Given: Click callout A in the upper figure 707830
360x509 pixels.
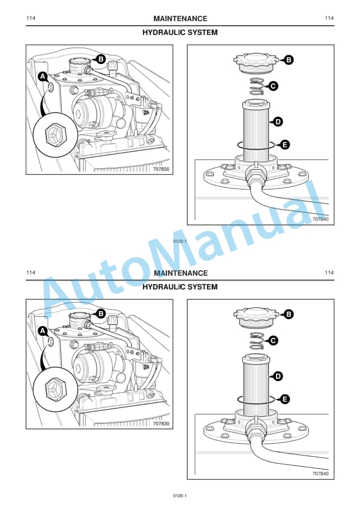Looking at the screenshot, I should point(42,77).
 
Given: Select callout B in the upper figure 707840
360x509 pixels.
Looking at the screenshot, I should point(288,59).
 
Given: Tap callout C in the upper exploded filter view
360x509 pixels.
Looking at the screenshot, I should point(274,86).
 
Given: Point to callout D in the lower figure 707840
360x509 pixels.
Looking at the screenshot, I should point(278,376).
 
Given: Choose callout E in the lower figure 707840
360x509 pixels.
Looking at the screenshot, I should point(285,399).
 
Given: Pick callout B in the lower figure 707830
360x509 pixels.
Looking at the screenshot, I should point(101,314).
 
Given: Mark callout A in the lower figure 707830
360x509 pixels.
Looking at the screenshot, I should point(42,331).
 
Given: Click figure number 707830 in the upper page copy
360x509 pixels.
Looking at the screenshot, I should point(161,169).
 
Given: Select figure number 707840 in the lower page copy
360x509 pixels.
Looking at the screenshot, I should point(320,474).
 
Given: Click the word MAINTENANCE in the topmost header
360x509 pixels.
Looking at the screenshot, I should point(180,19).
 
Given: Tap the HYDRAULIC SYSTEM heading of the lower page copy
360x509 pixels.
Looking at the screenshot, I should point(180,287).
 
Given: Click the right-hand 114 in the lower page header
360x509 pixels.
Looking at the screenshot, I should point(329,273).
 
